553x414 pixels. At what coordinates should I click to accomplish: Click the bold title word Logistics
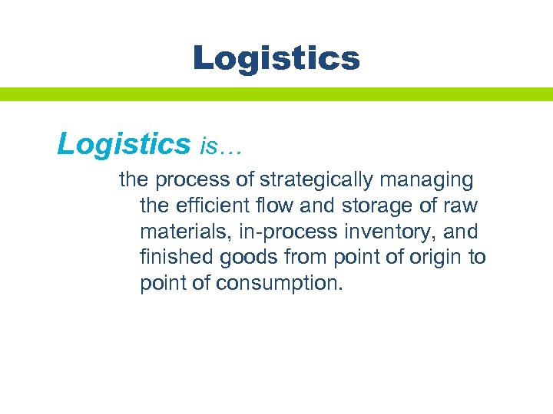click(x=276, y=58)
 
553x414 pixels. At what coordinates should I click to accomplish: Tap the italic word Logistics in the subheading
click(x=124, y=143)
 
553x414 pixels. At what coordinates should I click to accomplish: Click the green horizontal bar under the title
click(x=276, y=94)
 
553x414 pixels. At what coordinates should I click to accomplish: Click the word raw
click(x=461, y=206)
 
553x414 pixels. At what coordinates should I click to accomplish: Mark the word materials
click(x=180, y=232)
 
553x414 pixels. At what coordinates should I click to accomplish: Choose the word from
click(x=304, y=257)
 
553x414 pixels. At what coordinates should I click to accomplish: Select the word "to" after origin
click(x=477, y=257)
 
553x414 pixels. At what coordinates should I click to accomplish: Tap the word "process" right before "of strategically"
click(x=194, y=181)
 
